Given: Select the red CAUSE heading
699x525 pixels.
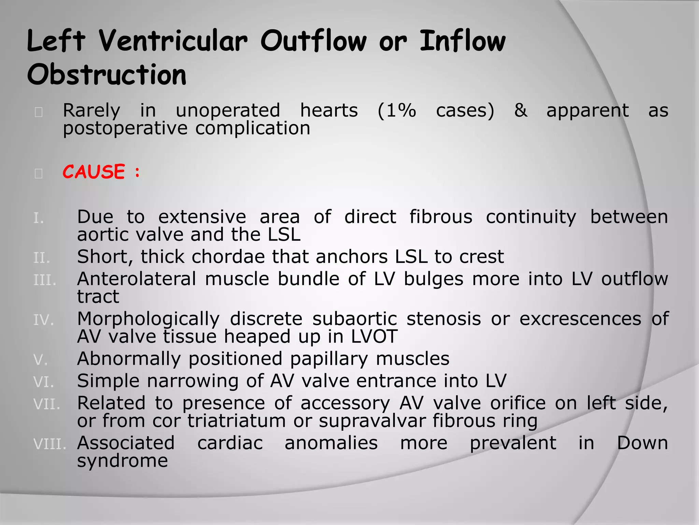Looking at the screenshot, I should pyautogui.click(x=94, y=172).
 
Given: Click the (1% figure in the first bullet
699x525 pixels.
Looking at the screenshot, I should pyautogui.click(x=397, y=111).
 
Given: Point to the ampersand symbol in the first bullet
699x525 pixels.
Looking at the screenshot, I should pyautogui.click(x=520, y=111).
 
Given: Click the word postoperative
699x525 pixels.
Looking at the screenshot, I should pyautogui.click(x=125, y=129).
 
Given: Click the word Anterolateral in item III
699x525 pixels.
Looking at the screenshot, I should pyautogui.click(x=137, y=279).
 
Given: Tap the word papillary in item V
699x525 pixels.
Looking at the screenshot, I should pyautogui.click(x=329, y=359).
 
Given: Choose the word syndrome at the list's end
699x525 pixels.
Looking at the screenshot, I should pyautogui.click(x=123, y=461).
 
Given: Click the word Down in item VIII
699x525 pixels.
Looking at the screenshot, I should pyautogui.click(x=642, y=443).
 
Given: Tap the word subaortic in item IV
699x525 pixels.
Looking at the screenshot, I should pyautogui.click(x=355, y=319).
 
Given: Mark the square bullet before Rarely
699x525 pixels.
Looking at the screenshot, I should pyautogui.click(x=39, y=112).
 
